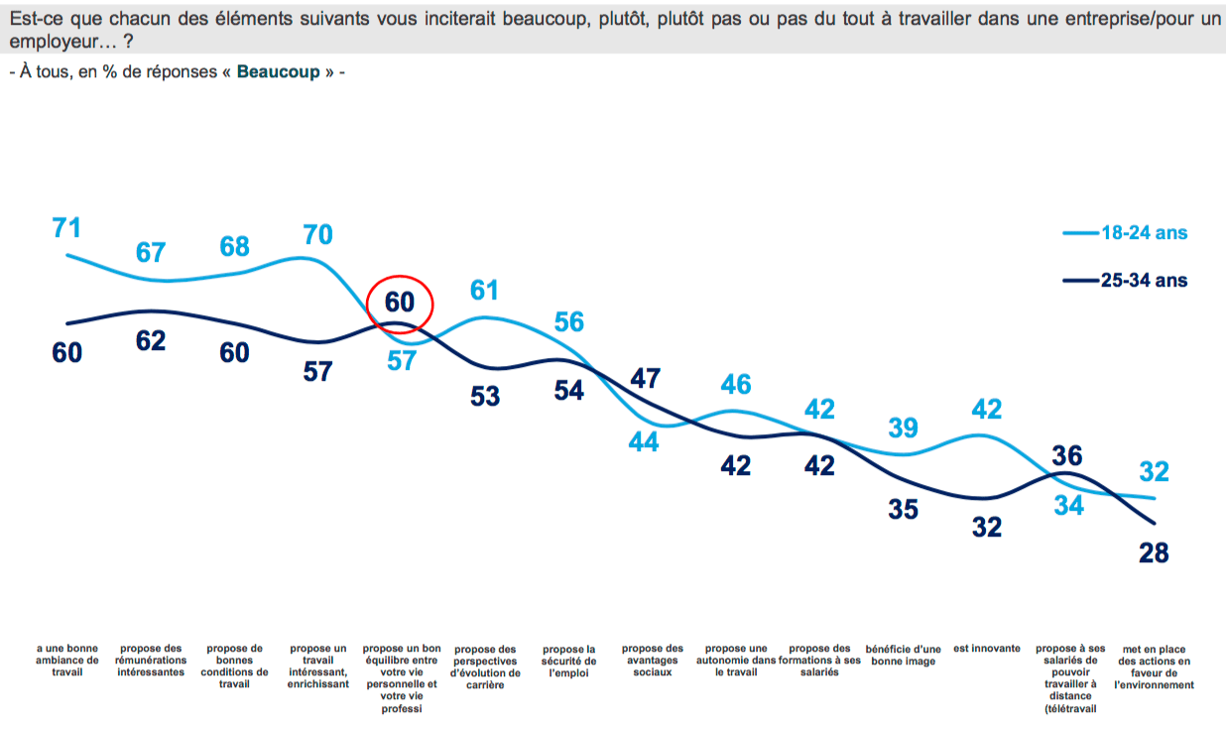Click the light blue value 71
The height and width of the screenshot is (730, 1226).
tap(66, 227)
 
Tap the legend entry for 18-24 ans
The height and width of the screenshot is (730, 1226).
tap(1143, 234)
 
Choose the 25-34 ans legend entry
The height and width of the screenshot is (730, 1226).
tap(1143, 281)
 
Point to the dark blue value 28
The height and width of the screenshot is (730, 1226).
tap(1154, 551)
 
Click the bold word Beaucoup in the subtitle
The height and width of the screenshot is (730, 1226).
tap(279, 72)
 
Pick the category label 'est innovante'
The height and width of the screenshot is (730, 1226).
tap(987, 649)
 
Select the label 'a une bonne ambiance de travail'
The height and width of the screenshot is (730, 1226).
tap(66, 660)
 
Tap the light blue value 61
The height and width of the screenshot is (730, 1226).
tap(484, 290)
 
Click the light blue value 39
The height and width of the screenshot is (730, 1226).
tap(903, 427)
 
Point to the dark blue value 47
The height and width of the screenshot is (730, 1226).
tap(645, 378)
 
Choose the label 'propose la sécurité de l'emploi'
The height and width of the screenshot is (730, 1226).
tap(569, 660)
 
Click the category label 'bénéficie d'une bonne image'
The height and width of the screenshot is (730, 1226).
tap(903, 655)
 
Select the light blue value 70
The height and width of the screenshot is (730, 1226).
tap(318, 235)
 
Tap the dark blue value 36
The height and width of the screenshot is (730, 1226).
tap(1067, 456)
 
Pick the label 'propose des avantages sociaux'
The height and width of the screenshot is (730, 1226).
tap(653, 660)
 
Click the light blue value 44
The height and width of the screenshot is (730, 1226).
tap(644, 442)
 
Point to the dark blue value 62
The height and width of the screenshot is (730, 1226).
tap(151, 340)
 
